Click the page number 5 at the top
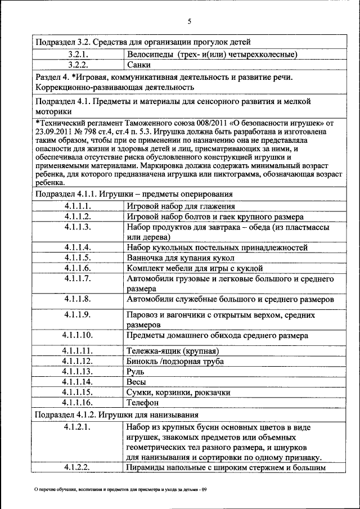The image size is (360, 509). [190, 21]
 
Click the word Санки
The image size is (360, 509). [138, 65]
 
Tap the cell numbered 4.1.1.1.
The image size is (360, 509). [78, 206]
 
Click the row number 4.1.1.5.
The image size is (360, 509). [78, 258]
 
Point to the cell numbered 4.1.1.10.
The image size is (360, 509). [78, 335]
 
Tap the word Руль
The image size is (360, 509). [137, 372]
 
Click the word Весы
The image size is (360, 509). [137, 382]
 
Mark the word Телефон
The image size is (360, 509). [143, 403]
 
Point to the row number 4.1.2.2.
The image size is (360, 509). [78, 468]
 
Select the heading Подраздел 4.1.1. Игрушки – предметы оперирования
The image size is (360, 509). [134, 194]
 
